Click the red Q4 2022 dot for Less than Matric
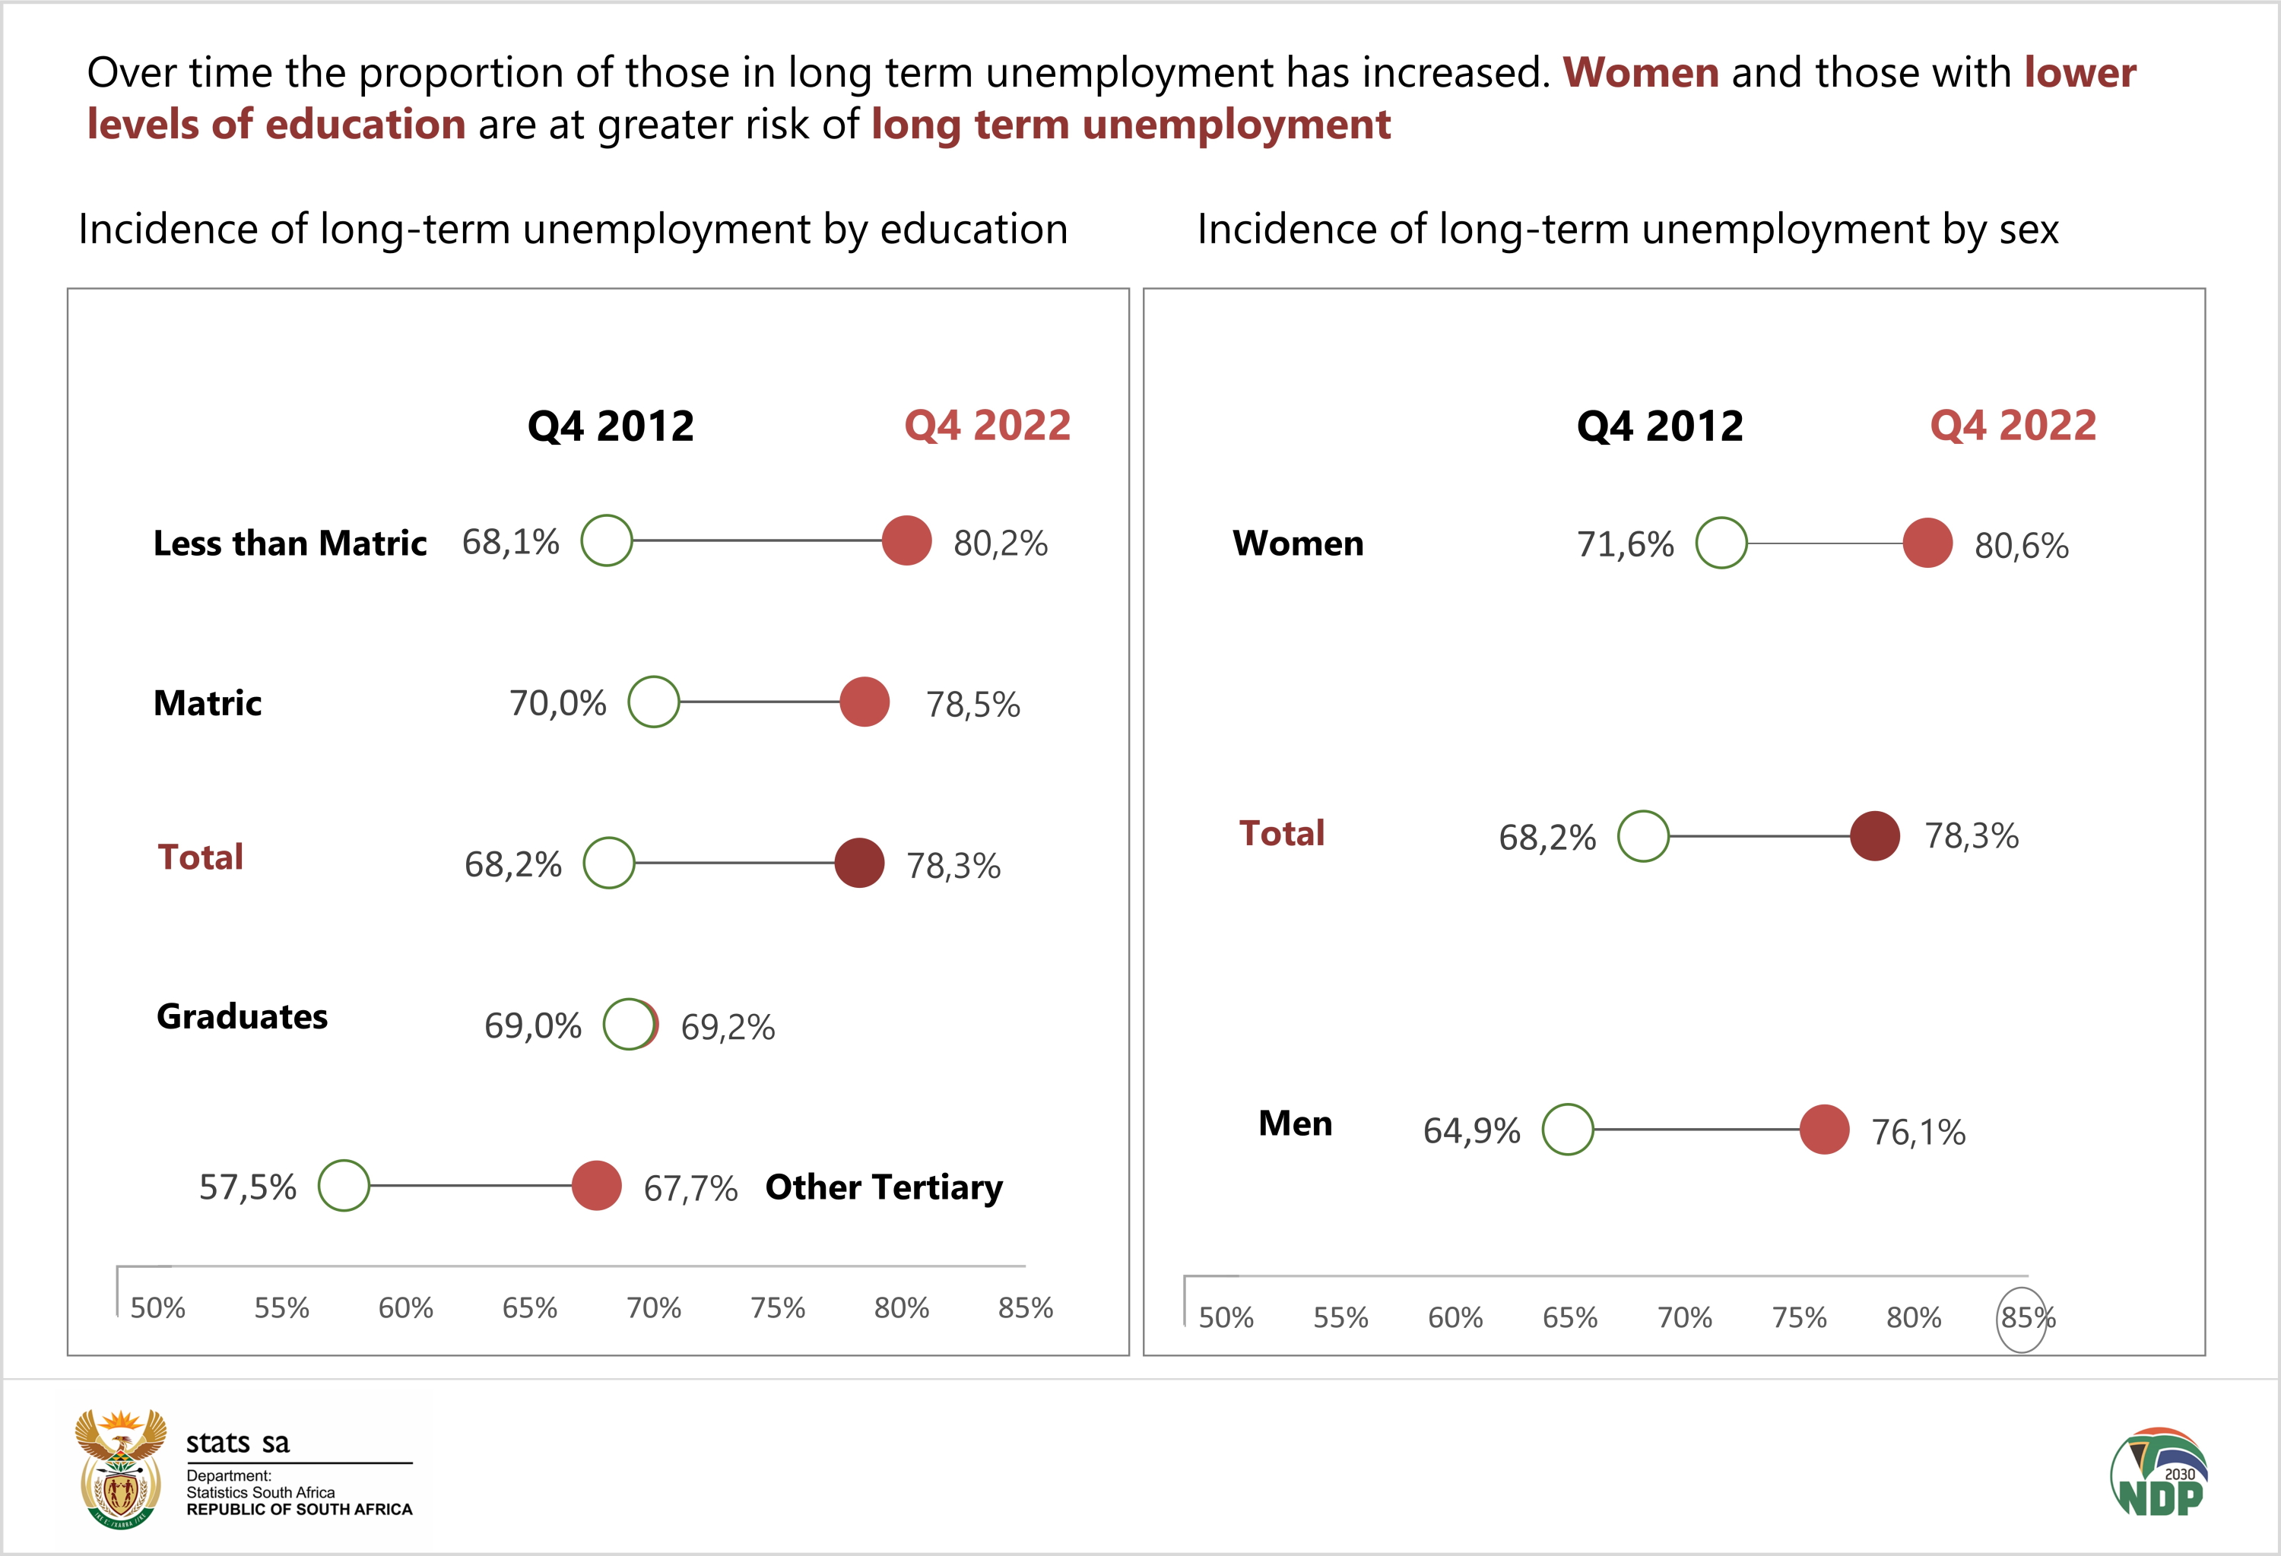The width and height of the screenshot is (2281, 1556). tap(906, 540)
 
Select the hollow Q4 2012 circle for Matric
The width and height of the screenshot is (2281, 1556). tap(654, 702)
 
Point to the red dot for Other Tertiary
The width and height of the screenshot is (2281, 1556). tap(597, 1185)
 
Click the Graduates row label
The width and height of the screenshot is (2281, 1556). tap(243, 1016)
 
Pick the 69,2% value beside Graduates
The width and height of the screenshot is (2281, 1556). tap(728, 1027)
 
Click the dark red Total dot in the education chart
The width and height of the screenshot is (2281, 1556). tap(859, 864)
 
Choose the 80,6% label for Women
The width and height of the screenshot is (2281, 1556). tap(2021, 546)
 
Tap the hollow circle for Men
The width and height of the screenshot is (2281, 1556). tap(1568, 1130)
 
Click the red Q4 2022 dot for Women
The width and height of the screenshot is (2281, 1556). tap(1927, 543)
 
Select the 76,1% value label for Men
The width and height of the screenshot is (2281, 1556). tap(1918, 1132)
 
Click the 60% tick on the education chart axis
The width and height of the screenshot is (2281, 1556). tap(405, 1307)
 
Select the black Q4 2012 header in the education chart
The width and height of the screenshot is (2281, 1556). tap(611, 426)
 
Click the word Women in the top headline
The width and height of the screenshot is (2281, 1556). tap(1640, 73)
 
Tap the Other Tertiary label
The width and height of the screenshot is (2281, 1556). tap(884, 1187)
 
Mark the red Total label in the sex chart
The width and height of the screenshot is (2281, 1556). tap(1281, 833)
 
